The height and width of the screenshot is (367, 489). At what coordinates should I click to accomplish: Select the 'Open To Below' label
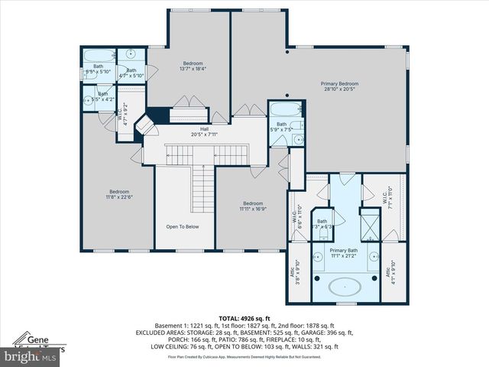pyautogui.click(x=183, y=226)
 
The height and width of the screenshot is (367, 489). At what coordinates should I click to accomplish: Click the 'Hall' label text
pyautogui.click(x=204, y=132)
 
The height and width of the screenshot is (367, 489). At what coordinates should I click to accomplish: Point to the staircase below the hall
pyautogui.click(x=202, y=187)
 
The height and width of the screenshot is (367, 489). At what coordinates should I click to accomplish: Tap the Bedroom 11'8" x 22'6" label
pyautogui.click(x=118, y=194)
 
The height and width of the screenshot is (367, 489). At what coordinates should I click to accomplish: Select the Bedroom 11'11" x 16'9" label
pyautogui.click(x=254, y=206)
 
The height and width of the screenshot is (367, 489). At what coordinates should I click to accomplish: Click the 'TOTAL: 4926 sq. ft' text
pyautogui.click(x=244, y=317)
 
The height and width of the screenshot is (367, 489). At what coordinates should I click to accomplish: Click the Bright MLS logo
pyautogui.click(x=31, y=356)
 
